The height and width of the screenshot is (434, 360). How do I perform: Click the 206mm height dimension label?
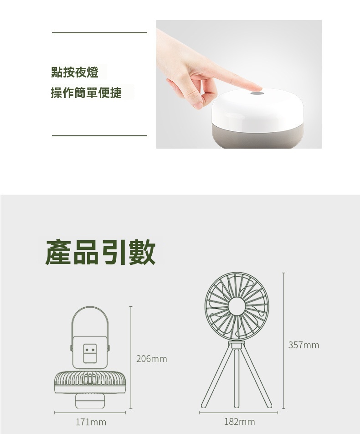pyautogui.click(x=152, y=359)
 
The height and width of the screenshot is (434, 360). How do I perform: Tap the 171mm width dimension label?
pyautogui.click(x=91, y=422)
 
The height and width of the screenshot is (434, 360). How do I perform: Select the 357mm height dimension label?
pyautogui.click(x=303, y=345)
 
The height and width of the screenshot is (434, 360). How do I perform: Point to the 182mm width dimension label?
pyautogui.click(x=240, y=422)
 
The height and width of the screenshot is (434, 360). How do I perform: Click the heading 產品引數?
pyautogui.click(x=100, y=252)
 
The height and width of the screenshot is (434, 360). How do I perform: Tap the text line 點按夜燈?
pyautogui.click(x=75, y=72)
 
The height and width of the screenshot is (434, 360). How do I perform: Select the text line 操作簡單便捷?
pyautogui.click(x=86, y=92)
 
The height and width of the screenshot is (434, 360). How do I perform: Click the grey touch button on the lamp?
pyautogui.click(x=257, y=93)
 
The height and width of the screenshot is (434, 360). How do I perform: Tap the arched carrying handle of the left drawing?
pyautogui.click(x=90, y=321)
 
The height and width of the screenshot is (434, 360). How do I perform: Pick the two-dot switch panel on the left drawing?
pyautogui.click(x=90, y=353)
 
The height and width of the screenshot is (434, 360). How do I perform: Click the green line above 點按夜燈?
pyautogui.click(x=99, y=33)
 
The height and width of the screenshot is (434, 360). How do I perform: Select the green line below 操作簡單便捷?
pyautogui.click(x=99, y=136)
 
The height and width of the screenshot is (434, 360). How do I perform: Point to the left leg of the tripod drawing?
pyautogui.click(x=217, y=377)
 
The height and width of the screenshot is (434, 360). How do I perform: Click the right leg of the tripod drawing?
pyautogui.click(x=256, y=377)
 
